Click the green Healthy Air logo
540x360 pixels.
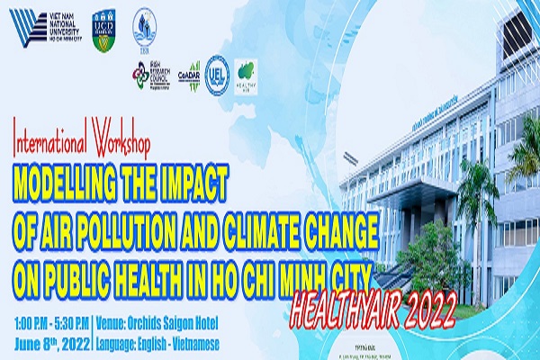click(x=246, y=73)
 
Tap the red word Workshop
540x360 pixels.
click(x=120, y=142)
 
